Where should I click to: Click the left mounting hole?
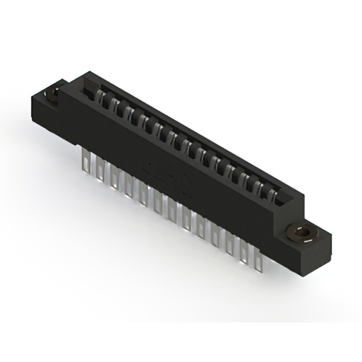[x=53, y=94]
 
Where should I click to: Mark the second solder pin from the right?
[x=244, y=248]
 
